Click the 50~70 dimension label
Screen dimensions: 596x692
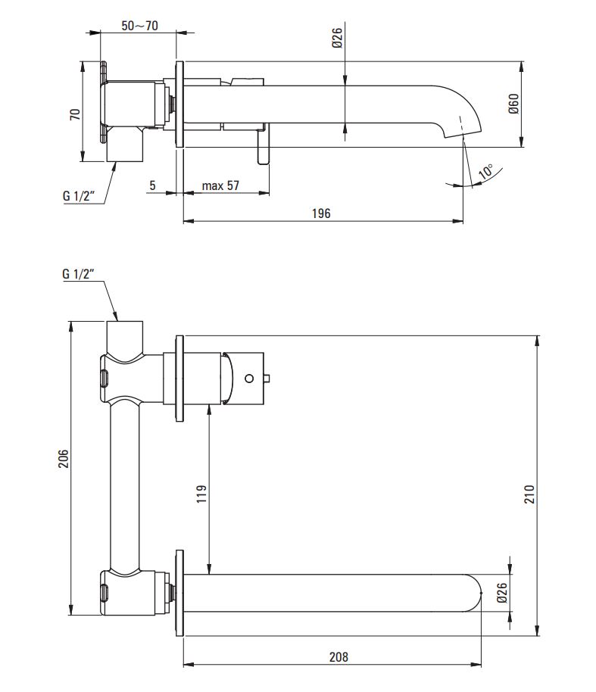(x=139, y=26)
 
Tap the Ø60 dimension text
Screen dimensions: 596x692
(x=513, y=104)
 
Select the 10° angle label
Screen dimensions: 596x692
(x=485, y=171)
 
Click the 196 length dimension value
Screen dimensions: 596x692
(x=321, y=214)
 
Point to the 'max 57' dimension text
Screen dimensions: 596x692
(x=220, y=185)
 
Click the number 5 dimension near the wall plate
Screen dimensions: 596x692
(x=153, y=185)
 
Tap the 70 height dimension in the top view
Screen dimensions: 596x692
(x=75, y=114)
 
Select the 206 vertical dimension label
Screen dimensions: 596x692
(x=64, y=459)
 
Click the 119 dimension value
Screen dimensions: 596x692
(x=201, y=494)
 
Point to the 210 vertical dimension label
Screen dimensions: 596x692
(x=529, y=494)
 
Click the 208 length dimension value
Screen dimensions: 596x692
(x=339, y=657)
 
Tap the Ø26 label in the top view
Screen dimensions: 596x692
(x=337, y=38)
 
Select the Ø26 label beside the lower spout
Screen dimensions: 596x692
(x=501, y=593)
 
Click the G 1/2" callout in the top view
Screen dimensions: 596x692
(x=79, y=195)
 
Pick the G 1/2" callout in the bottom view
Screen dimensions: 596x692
(x=79, y=274)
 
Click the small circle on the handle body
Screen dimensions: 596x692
(x=249, y=379)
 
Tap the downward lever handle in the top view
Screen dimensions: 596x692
(x=263, y=145)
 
